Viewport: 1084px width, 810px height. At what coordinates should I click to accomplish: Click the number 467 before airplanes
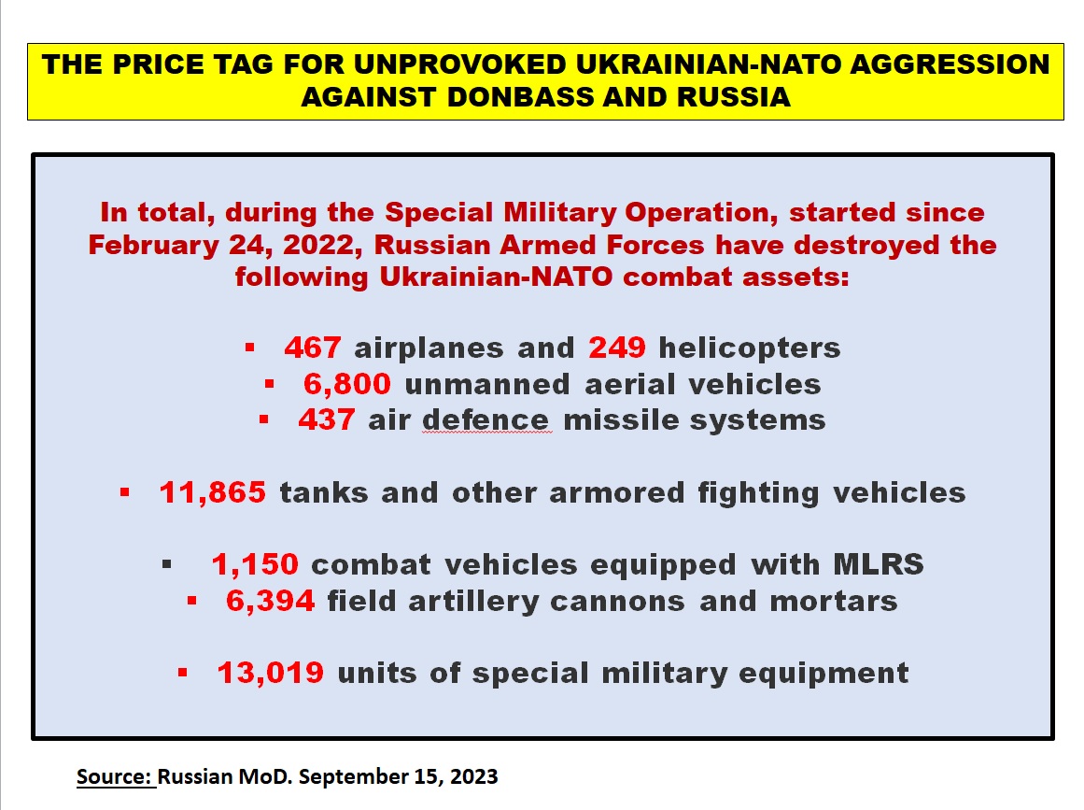coord(313,348)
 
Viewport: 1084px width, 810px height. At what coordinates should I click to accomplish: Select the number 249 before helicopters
coord(616,348)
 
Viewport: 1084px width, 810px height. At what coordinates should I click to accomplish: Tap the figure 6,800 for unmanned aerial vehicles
coord(347,384)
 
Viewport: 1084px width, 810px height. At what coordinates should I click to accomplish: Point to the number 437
coord(327,419)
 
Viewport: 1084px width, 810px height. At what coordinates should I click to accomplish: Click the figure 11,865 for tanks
coord(212,492)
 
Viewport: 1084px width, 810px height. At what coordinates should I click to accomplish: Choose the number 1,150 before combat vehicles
coord(255,564)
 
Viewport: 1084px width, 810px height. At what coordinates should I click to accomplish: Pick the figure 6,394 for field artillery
coord(271,601)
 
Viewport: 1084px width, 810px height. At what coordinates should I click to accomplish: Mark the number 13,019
coord(271,673)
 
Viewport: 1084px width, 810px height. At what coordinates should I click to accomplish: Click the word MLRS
coord(879,564)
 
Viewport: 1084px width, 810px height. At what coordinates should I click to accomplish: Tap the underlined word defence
coord(486,419)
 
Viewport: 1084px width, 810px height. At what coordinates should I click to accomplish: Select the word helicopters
coord(750,348)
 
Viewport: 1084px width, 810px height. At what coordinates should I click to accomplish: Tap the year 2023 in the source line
coord(473,776)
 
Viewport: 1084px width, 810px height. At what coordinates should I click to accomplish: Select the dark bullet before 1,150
coord(166,564)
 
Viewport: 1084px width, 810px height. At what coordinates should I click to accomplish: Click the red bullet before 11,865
coord(124,492)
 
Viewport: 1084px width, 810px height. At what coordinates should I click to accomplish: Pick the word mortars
coord(834,602)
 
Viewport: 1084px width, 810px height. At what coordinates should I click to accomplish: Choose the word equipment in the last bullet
coord(824,674)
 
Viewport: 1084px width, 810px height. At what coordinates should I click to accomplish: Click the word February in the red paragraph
coord(153,246)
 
